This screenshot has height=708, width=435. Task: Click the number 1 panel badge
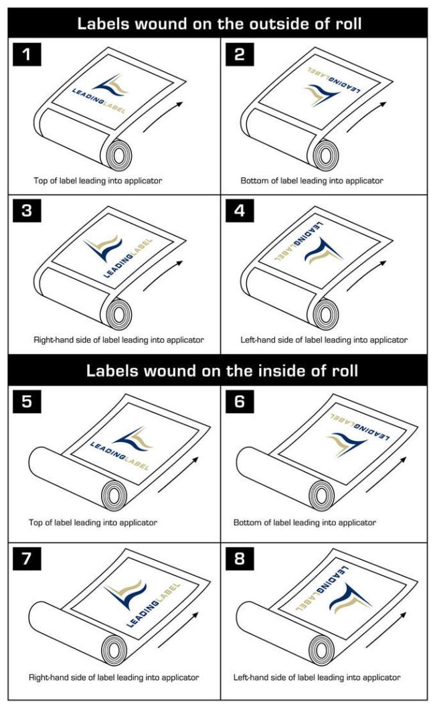27,54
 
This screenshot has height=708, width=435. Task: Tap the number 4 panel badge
240,210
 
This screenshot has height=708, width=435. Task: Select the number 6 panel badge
240,401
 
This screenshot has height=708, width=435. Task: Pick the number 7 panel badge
27,559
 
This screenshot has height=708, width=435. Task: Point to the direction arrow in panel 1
163,117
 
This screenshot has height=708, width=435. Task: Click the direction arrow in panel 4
367,276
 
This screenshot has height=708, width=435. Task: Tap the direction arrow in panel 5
178,474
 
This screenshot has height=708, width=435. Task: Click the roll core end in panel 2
326,155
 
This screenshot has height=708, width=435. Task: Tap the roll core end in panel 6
322,495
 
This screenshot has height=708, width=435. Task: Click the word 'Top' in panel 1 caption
40,181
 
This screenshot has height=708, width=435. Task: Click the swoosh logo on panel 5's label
133,439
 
